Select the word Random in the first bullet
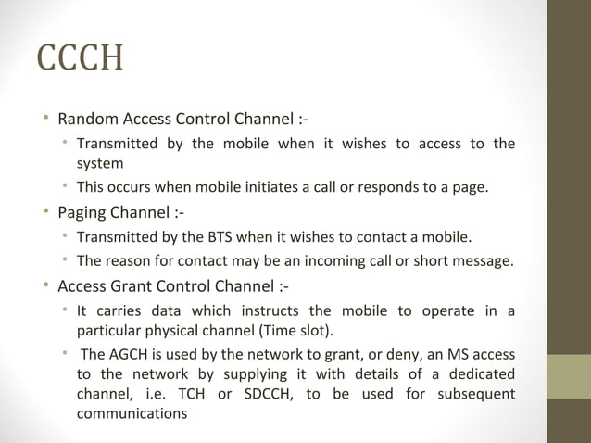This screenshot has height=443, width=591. pyautogui.click(x=85, y=120)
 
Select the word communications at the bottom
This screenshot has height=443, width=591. pyautogui.click(x=131, y=414)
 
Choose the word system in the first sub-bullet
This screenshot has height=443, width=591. pyautogui.click(x=100, y=163)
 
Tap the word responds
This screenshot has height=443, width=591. pyautogui.click(x=378, y=189)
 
